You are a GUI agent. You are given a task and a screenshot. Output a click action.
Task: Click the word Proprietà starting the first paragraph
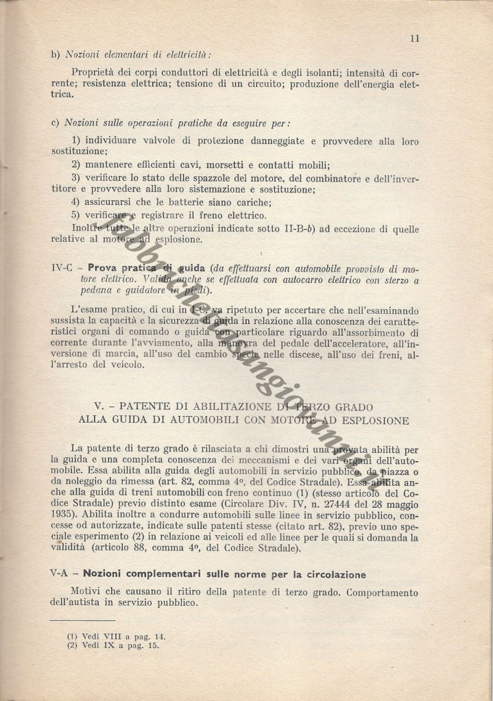click(95, 72)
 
